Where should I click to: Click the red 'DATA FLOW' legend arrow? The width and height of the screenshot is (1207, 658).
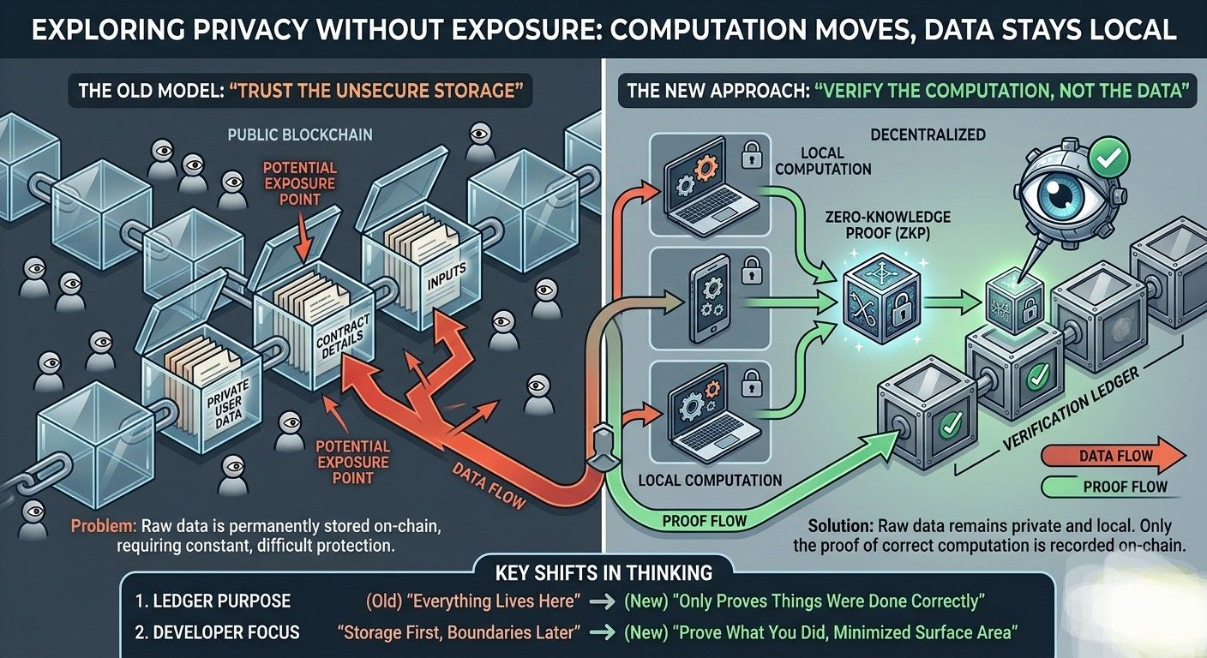click(1114, 457)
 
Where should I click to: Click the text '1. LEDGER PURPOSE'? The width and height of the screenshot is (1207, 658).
click(213, 601)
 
